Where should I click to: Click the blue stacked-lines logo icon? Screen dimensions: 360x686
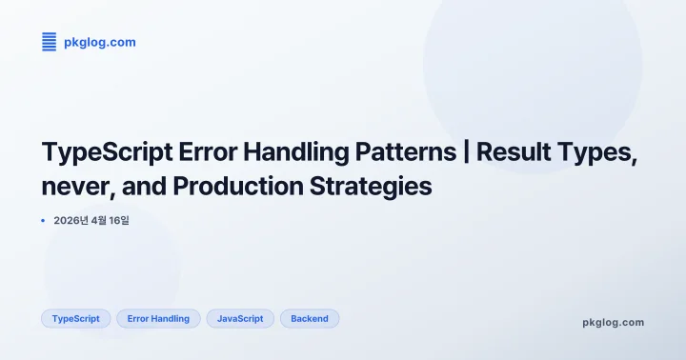click(x=50, y=41)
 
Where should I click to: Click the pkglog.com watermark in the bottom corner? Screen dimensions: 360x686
click(x=613, y=322)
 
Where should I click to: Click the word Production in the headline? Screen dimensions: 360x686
click(x=232, y=186)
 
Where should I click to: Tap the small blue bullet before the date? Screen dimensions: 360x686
click(x=44, y=221)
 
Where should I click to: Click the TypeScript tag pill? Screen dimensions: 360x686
click(x=76, y=319)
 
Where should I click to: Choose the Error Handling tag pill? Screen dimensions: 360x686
click(x=158, y=319)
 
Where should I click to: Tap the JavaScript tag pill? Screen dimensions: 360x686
click(x=240, y=319)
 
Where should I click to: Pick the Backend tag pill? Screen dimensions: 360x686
click(x=310, y=319)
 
